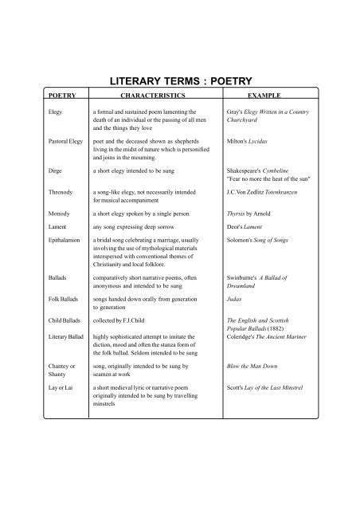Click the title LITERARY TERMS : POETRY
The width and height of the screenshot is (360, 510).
(179, 80)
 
